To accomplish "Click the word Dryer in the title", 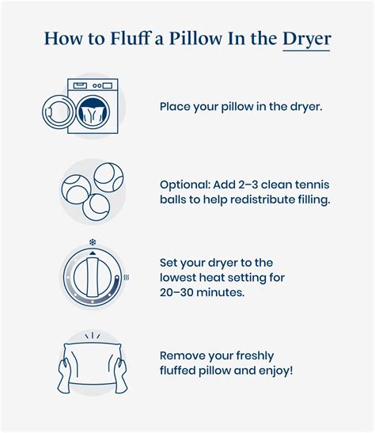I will (306, 39).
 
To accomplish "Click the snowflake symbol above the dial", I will (92, 241).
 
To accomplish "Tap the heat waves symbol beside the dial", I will (126, 278).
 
